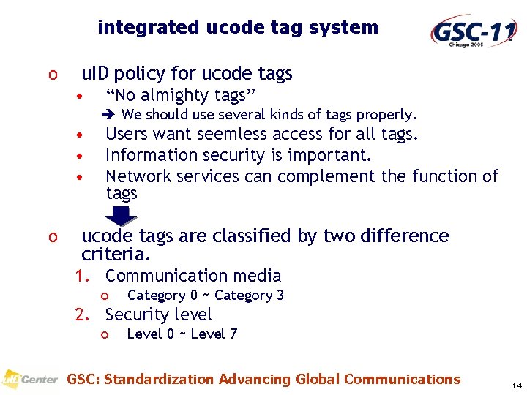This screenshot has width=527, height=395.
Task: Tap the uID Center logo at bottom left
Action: pos(29,380)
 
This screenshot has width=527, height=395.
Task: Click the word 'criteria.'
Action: pos(116,255)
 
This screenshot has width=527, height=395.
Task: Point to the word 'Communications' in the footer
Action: pos(402,379)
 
